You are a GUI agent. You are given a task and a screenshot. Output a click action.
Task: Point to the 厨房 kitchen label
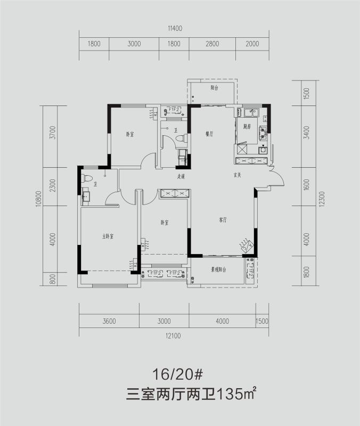point(247,127)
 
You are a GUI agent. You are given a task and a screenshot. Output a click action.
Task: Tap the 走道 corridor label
point(181,176)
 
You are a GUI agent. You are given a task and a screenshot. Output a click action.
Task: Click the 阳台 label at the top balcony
point(214,87)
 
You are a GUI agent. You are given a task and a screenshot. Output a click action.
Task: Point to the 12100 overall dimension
point(174,335)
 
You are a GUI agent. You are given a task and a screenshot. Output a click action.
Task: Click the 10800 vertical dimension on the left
point(39,196)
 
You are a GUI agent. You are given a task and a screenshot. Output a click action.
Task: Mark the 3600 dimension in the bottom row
point(109,321)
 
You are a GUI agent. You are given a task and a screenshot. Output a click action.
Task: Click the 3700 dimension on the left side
point(53,132)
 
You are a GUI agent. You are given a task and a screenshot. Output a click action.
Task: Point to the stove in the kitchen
point(263,133)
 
